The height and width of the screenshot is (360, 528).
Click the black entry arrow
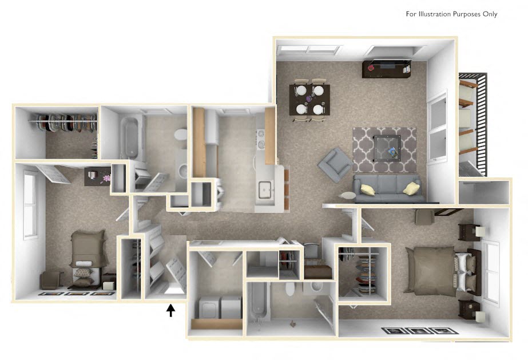point(170,310)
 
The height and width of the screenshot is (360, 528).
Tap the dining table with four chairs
point(309,98)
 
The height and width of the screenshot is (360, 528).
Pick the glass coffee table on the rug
point(384,147)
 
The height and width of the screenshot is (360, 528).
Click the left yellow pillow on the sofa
point(368,189)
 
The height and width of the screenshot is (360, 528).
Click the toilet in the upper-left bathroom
point(180,134)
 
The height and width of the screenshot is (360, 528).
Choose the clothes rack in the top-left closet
point(64,122)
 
